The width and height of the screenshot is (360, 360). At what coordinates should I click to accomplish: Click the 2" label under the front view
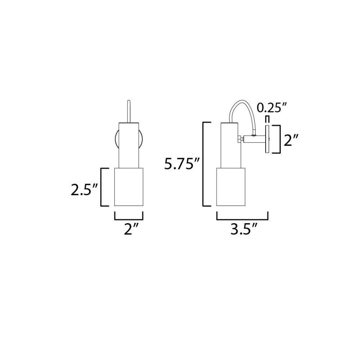pos(131,229)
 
